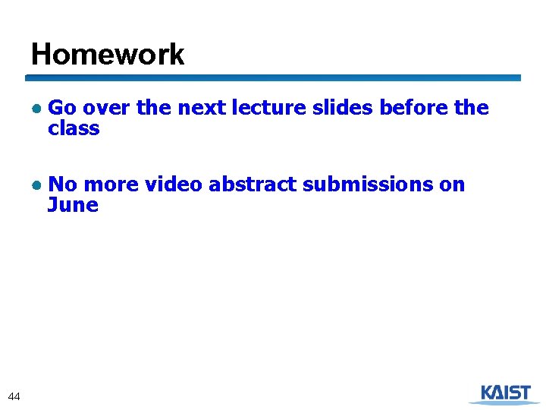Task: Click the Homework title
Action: pos(108,55)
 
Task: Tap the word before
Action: pos(414,109)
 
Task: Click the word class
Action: pos(74,129)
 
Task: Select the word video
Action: pos(174,184)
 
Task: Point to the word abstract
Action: pos(253,184)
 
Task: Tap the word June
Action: pos(73,205)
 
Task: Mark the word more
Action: pos(111,184)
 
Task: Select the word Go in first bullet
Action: pos(60,109)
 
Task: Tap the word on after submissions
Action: pos(452,184)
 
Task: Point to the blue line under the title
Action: pos(273,77)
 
